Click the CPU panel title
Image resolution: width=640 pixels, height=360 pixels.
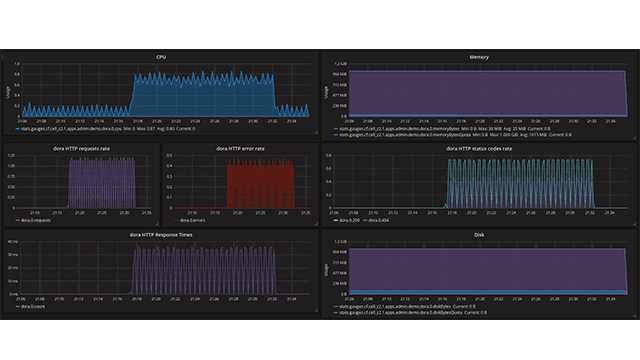coord(161,57)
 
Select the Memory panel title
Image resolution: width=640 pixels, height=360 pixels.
coord(478,57)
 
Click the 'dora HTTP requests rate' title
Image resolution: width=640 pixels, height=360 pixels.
coord(81,148)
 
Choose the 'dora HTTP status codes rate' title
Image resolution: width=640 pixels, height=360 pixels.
coord(478,148)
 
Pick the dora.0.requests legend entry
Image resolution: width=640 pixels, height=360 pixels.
coord(36,219)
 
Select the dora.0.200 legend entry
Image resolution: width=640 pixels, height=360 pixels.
coord(346,219)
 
